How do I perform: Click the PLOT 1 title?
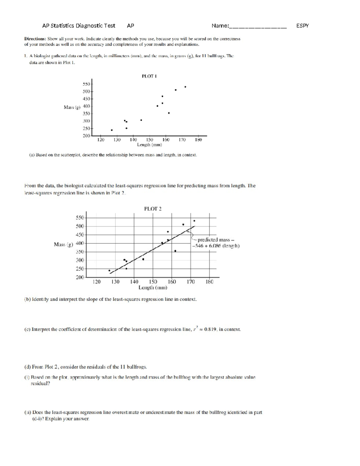(x=149, y=76)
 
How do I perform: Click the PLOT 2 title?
(x=153, y=209)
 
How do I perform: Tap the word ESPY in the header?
(x=302, y=26)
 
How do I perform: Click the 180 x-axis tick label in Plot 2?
(x=209, y=282)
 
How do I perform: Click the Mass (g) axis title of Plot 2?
(x=64, y=245)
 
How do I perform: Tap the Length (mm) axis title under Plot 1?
(x=149, y=145)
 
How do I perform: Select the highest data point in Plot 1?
(x=185, y=87)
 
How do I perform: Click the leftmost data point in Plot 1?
(x=112, y=130)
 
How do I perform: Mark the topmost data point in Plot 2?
(x=194, y=221)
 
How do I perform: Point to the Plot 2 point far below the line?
(x=175, y=251)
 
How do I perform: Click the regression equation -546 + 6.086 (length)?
(x=216, y=246)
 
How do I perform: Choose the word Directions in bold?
(x=35, y=39)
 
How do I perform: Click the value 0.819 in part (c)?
(x=210, y=329)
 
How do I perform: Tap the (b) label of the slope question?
(x=27, y=299)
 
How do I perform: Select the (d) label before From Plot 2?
(x=27, y=367)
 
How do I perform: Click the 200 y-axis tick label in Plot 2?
(x=80, y=277)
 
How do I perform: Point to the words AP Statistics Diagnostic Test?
(x=79, y=26)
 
